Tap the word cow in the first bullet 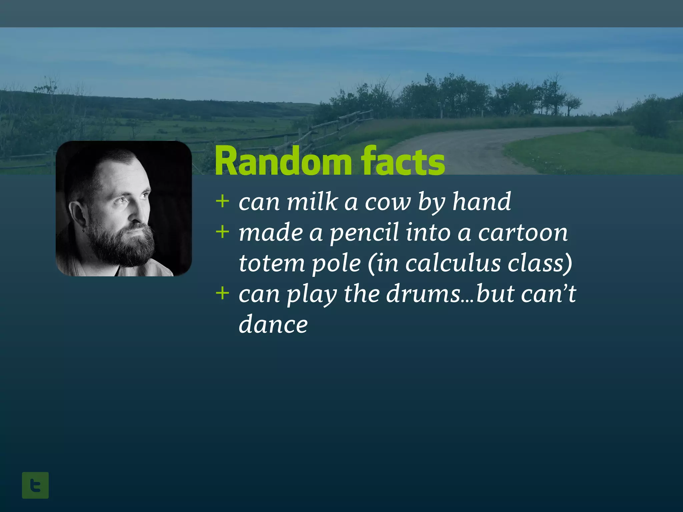pyautogui.click(x=387, y=202)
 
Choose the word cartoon pyautogui.click(x=523, y=232)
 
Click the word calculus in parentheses pyautogui.click(x=453, y=263)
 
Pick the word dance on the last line pyautogui.click(x=273, y=324)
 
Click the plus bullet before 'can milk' pyautogui.click(x=222, y=201)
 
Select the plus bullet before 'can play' pyautogui.click(x=222, y=293)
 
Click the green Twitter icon pyautogui.click(x=35, y=485)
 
